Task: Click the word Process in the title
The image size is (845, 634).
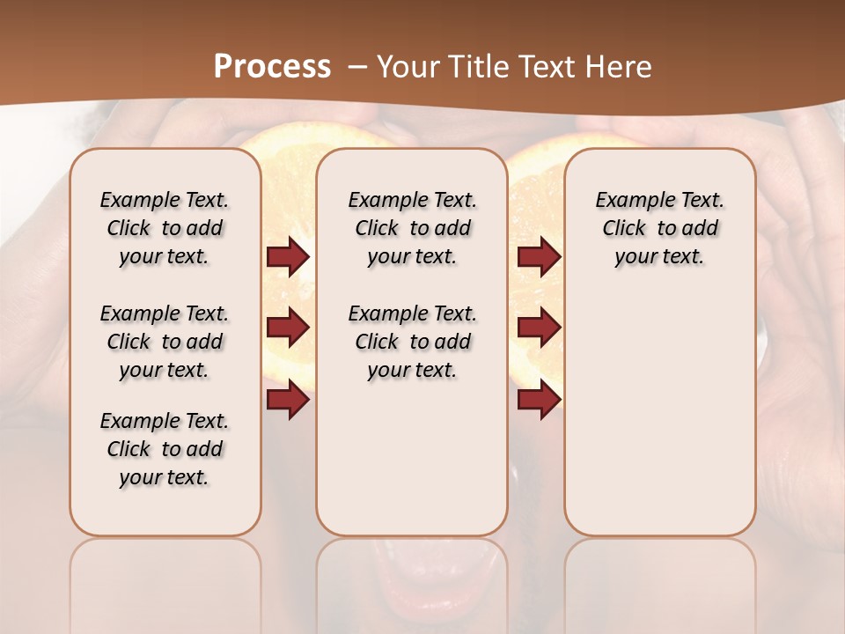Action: coord(272,67)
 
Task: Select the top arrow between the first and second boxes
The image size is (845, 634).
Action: coord(288,257)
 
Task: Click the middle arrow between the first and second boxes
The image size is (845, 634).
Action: coord(288,328)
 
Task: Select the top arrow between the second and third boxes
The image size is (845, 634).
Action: coord(539,257)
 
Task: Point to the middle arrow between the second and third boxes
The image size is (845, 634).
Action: coord(539,328)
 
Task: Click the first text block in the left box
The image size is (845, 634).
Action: coord(165,228)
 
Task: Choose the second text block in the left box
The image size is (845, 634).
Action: coord(165,342)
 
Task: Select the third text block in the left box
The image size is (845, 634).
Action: coord(165,449)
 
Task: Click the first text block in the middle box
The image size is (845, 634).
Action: coord(412,228)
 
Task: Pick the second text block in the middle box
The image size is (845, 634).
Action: coord(412,342)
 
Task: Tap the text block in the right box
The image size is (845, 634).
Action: coord(659,228)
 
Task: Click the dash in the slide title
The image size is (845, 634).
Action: coord(357,68)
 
